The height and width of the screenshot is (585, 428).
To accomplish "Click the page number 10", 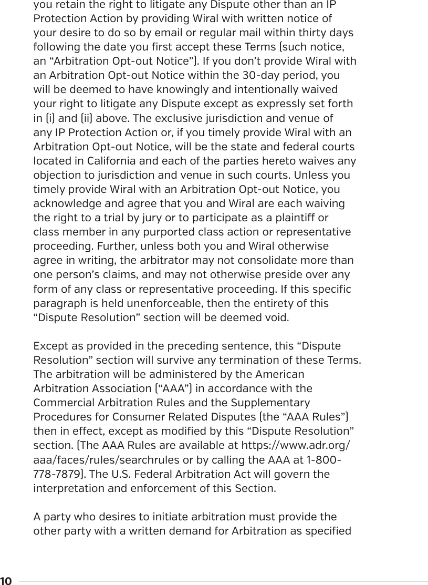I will coord(7,581).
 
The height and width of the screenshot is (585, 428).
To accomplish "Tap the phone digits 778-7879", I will coord(58,475).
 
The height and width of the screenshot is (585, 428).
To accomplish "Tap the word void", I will coord(277,318).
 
